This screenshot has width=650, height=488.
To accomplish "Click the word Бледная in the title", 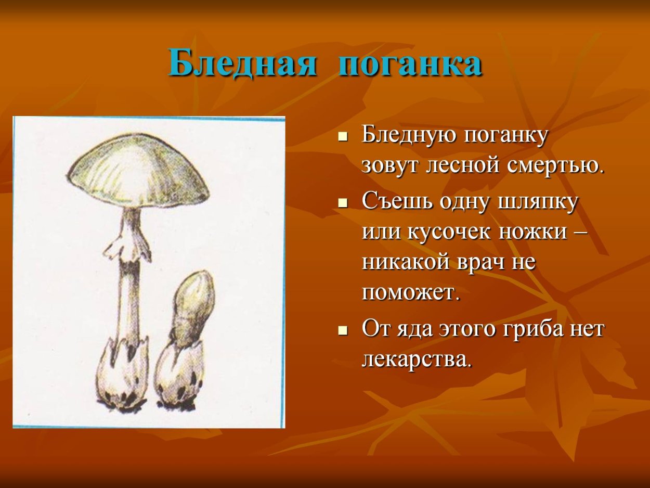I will [x=242, y=64].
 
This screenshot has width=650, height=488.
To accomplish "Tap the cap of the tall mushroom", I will [x=137, y=169].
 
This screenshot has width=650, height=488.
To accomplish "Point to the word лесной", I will [x=461, y=166].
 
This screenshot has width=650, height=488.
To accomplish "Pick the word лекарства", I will [x=417, y=359].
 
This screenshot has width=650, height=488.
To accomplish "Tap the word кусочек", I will [x=450, y=231].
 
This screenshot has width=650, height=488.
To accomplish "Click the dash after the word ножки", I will [x=581, y=232].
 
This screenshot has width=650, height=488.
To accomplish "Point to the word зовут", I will [x=391, y=166].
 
